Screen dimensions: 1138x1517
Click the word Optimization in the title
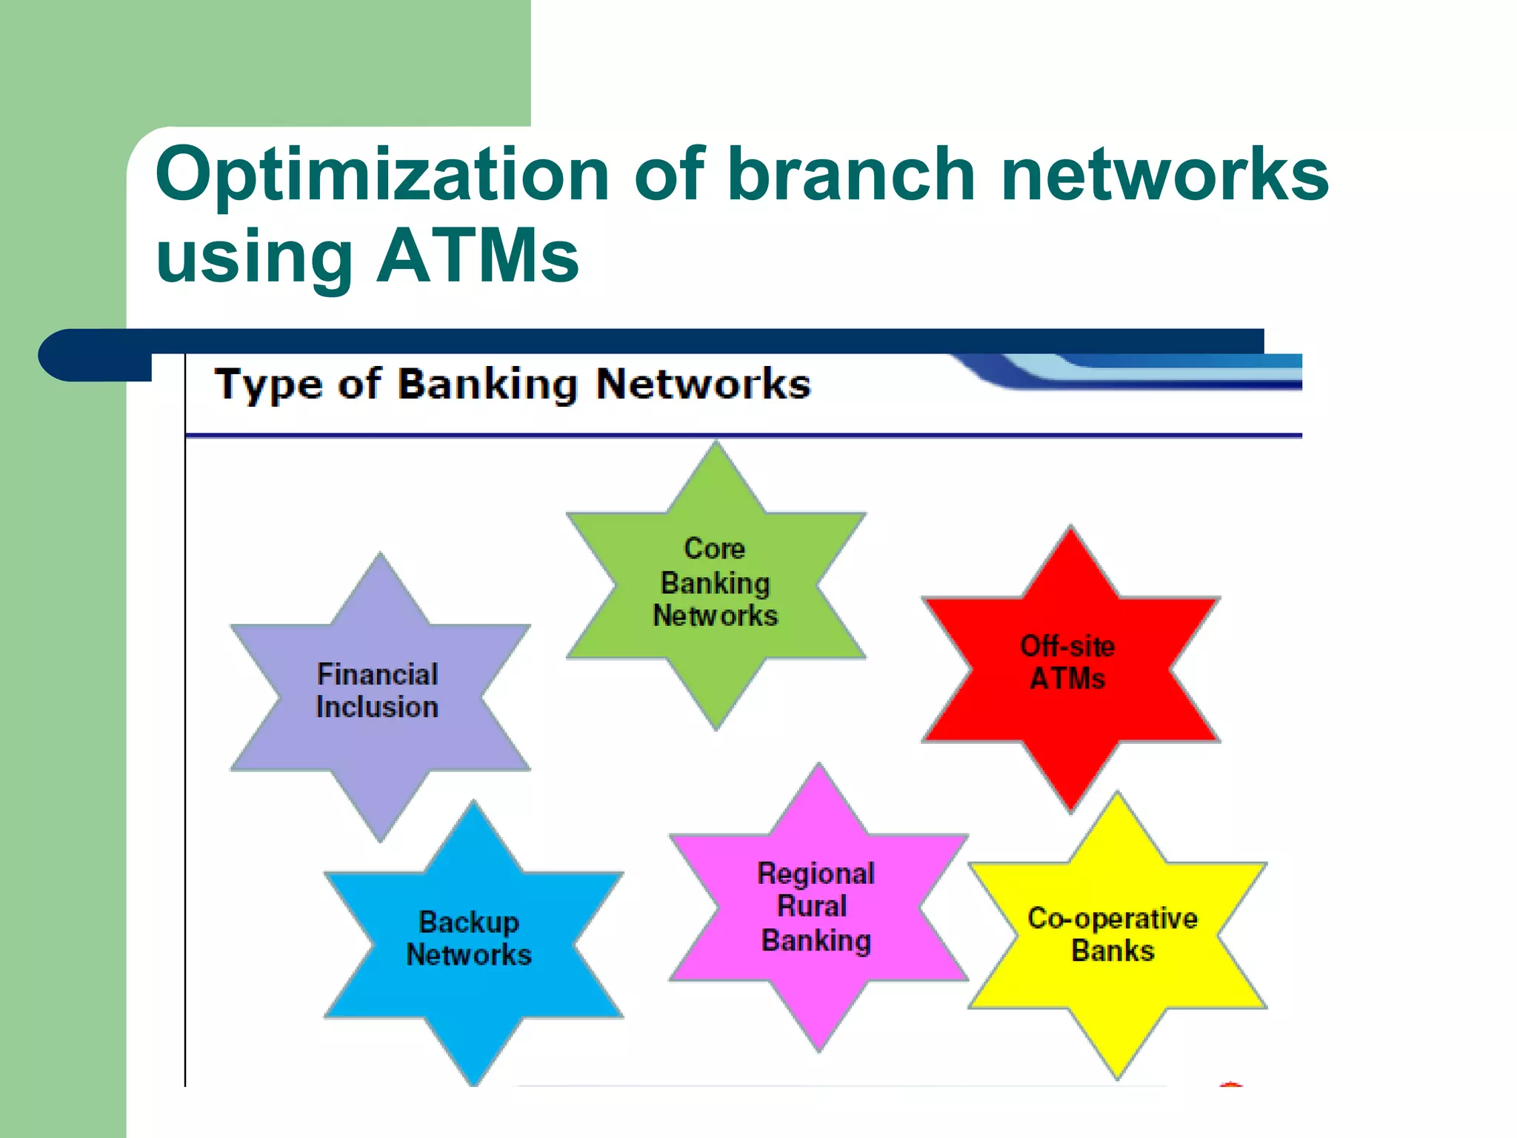click(x=381, y=175)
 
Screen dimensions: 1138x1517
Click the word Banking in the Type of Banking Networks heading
click(x=487, y=385)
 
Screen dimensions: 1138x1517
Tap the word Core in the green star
click(x=714, y=549)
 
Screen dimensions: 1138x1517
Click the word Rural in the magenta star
click(x=812, y=906)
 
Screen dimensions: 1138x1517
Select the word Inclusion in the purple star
click(x=377, y=708)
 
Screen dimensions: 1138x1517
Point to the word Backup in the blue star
click(x=469, y=922)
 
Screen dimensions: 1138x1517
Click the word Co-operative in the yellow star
click(x=1113, y=919)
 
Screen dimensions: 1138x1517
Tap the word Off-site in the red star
click(x=1067, y=646)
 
